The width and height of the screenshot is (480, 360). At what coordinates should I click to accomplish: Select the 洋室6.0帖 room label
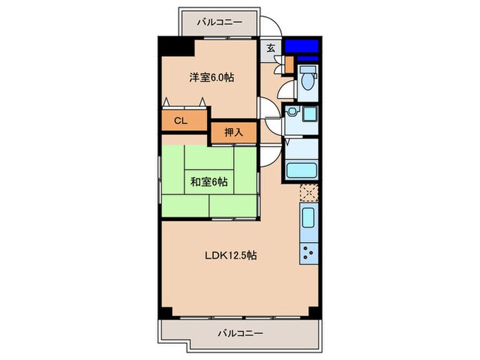tap(212, 78)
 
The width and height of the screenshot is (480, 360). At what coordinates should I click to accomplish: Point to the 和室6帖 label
tap(209, 182)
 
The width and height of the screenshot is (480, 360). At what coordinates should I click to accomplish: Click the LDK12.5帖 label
tap(231, 256)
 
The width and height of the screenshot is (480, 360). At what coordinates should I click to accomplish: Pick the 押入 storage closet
tap(233, 132)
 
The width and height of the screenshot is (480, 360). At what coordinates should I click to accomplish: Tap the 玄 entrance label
tap(271, 48)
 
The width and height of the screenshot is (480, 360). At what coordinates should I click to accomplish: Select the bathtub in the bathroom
tap(300, 171)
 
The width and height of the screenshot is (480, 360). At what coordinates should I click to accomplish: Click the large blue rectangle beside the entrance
tap(302, 47)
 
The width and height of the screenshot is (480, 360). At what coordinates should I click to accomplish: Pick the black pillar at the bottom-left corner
tap(165, 311)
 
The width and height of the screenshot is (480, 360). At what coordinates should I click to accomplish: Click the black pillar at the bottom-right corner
tap(314, 311)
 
